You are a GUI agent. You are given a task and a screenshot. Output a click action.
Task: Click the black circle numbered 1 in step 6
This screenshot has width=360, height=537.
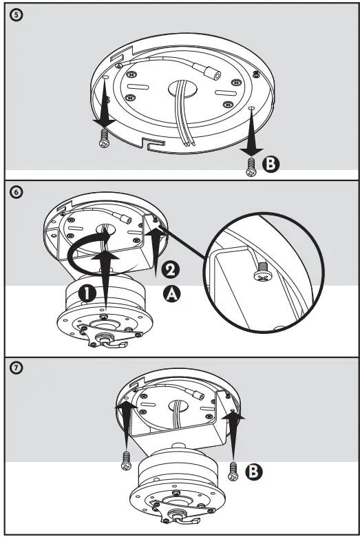tap(87, 292)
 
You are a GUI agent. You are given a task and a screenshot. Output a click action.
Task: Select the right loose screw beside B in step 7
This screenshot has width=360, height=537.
tap(233, 471)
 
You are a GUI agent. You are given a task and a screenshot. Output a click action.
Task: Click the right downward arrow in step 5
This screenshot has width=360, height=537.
tap(252, 134)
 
